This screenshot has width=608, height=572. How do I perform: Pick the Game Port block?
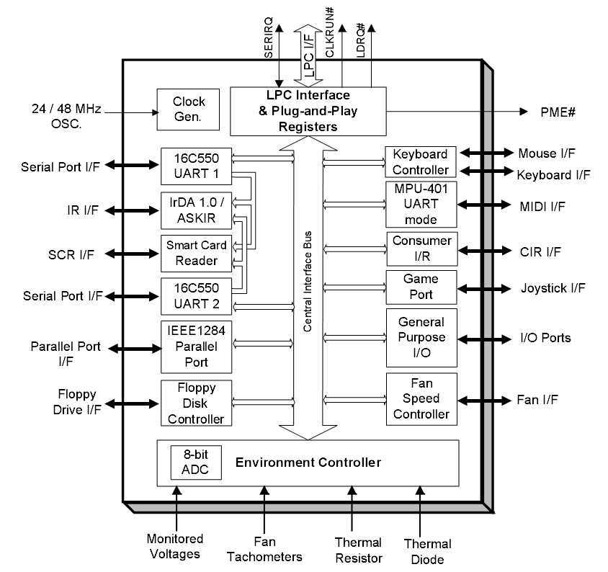pos(421,287)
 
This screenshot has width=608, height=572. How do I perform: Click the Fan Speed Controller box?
pos(421,398)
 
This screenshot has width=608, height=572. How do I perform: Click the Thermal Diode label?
pos(428,552)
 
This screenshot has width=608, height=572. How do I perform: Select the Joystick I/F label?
pos(553,288)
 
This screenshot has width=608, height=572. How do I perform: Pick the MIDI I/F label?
pos(542,206)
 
